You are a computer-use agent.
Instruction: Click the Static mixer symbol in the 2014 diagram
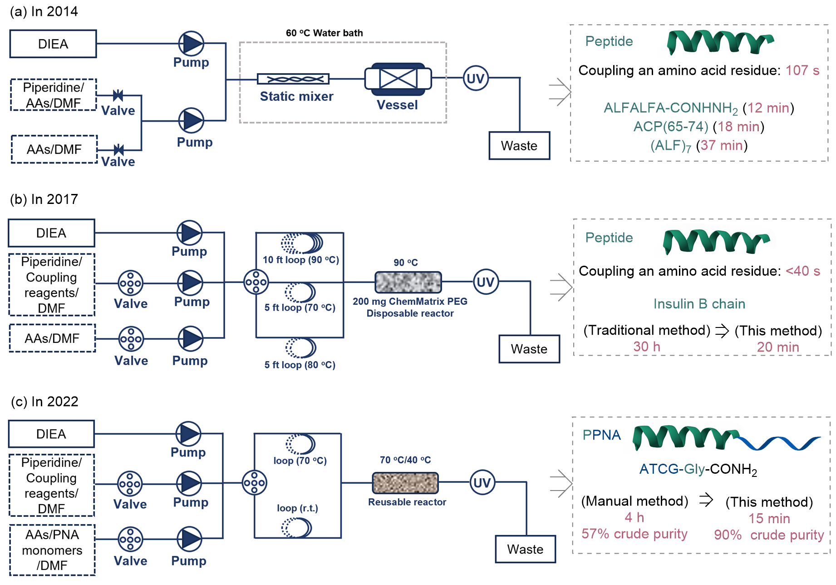pos(293,79)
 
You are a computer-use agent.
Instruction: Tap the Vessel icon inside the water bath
pos(398,79)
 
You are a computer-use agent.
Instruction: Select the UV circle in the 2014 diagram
pos(475,78)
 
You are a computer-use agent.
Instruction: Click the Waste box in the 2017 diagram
pos(529,349)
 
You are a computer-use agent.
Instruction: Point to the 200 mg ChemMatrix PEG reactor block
pos(408,282)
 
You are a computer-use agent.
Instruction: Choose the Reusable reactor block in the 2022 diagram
pos(405,483)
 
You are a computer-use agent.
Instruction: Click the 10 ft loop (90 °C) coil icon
pos(302,243)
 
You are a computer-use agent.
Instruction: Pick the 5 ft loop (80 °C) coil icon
pos(301,348)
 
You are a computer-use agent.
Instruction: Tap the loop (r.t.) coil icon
pos(297,528)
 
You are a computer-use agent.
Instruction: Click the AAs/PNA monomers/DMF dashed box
pos(52,550)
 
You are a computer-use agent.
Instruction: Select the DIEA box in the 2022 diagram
pos(51,434)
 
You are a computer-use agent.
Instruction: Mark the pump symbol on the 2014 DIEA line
pos(191,44)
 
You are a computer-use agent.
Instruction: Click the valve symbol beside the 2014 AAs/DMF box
pos(119,150)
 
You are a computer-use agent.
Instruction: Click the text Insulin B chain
pos(699,304)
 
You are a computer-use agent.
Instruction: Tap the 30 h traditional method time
pos(647,347)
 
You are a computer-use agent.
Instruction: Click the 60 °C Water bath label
pos(324,33)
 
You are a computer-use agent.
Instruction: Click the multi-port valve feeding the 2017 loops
pos(256,282)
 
